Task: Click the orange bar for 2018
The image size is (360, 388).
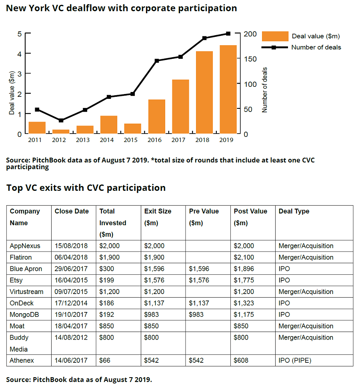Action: (204, 92)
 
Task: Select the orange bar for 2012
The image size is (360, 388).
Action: (61, 132)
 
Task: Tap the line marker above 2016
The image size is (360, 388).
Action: (157, 61)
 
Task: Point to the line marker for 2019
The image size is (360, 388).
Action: (228, 34)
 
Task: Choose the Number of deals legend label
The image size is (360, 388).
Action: (316, 47)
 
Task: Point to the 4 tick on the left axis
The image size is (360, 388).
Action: (19, 53)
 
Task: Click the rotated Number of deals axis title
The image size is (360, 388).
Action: (265, 90)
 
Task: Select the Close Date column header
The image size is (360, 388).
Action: (72, 211)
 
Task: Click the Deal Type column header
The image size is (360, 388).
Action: (294, 211)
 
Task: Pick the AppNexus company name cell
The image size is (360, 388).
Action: (25, 246)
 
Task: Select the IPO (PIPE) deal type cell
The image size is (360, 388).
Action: (295, 360)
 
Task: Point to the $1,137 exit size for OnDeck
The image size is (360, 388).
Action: (154, 303)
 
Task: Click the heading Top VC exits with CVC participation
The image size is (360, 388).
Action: (86, 188)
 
